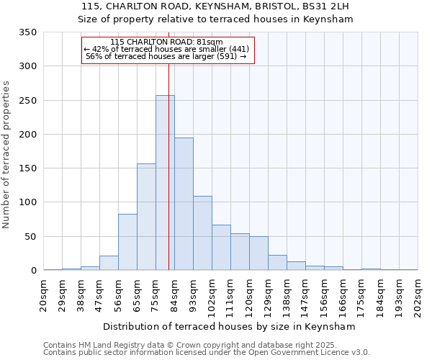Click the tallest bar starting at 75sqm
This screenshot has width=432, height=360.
(165, 183)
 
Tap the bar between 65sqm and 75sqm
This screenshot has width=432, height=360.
(146, 217)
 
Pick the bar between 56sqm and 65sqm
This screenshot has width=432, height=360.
(127, 242)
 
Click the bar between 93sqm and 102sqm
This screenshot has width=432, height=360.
(202, 233)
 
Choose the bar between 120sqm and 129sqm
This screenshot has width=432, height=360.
(258, 253)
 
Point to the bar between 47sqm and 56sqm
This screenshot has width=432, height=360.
(109, 263)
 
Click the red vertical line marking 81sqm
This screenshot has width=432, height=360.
(168, 144)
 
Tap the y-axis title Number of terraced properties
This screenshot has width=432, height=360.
(7, 155)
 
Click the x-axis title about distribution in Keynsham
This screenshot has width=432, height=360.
(233, 326)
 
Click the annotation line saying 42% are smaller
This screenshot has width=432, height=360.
(166, 49)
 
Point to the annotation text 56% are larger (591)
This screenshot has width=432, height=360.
(166, 56)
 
